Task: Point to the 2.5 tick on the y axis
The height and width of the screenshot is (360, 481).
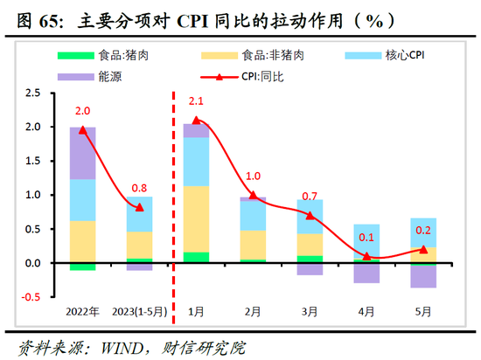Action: tap(33, 93)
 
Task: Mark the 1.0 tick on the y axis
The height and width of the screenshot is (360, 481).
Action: tap(33, 195)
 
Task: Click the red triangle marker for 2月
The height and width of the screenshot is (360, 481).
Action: tap(253, 196)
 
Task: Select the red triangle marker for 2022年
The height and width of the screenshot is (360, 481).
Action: tap(83, 129)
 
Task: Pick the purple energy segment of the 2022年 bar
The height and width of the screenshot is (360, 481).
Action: tap(83, 153)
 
